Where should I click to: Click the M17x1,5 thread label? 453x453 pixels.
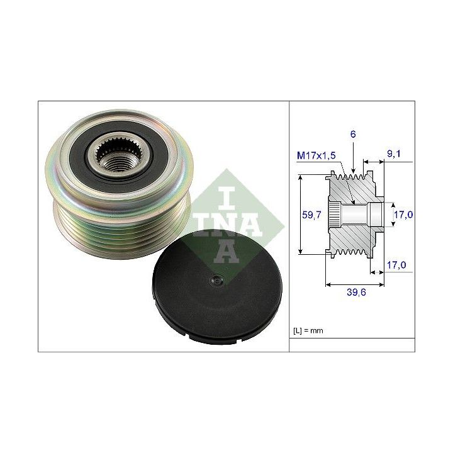pos(316,156)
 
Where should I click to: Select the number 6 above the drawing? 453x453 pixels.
pos(353,135)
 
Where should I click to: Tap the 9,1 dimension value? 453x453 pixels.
pos(394,154)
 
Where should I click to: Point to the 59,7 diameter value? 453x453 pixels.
pos(311,215)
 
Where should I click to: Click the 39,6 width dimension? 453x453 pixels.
pos(356,293)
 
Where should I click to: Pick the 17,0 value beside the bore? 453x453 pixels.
pos(403,215)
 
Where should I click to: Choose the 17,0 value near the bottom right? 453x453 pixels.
pos(396,265)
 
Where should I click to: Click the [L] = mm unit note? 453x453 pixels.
pos(308,330)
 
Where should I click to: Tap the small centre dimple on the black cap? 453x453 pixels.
pos(216,279)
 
